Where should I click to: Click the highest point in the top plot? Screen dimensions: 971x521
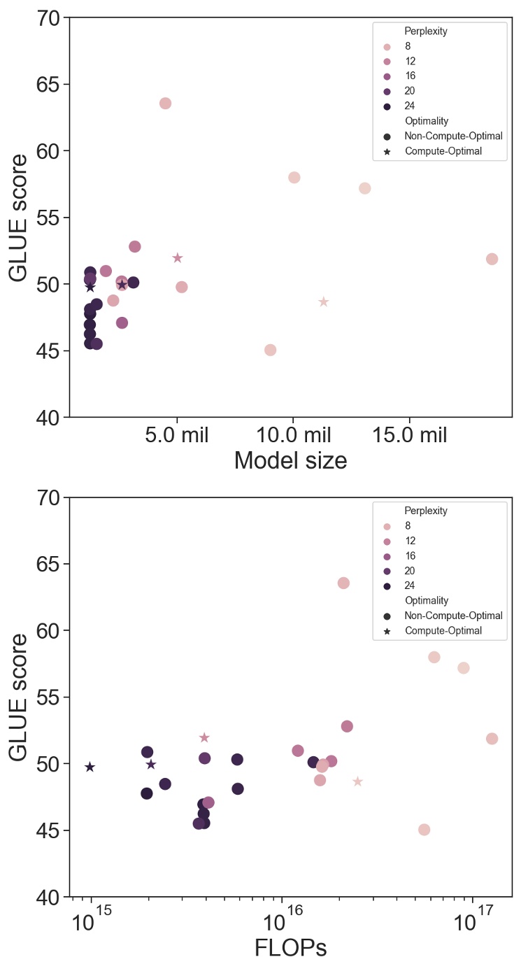click(165, 104)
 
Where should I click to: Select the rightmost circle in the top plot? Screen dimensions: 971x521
click(492, 259)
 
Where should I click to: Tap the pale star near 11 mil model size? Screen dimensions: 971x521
click(323, 302)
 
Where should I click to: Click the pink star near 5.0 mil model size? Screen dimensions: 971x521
click(178, 257)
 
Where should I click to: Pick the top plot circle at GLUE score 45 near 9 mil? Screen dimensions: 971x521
click(270, 350)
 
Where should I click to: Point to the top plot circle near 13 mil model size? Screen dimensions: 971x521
click(364, 188)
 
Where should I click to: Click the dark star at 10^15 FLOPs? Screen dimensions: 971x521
click(90, 767)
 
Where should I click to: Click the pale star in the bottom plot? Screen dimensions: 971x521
click(357, 781)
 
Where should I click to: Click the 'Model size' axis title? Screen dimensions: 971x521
click(290, 462)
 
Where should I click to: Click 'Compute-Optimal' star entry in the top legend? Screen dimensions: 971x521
click(443, 151)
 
